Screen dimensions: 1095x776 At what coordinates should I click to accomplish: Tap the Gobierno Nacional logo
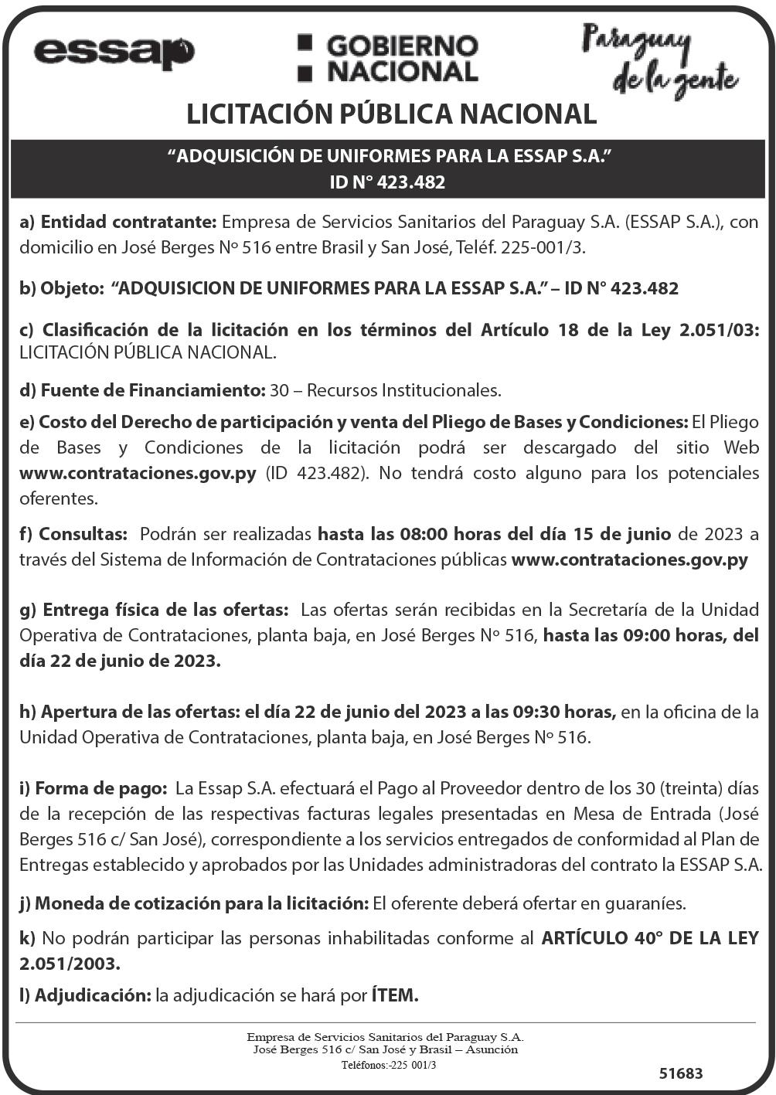tap(388, 58)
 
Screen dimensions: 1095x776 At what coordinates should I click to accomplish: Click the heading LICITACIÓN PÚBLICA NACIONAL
tap(391, 114)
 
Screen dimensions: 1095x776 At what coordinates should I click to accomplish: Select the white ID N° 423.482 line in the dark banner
tap(387, 182)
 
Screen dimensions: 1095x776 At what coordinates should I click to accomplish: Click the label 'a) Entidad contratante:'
tap(118, 222)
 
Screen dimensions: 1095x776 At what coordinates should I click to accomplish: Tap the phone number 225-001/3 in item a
tap(544, 247)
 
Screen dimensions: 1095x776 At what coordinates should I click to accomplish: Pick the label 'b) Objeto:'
tap(62, 289)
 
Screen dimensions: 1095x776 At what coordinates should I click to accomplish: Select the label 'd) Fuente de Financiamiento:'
tap(142, 390)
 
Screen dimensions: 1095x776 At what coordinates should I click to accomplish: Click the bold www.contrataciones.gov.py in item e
tap(138, 473)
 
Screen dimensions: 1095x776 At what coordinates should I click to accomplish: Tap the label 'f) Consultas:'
tap(73, 534)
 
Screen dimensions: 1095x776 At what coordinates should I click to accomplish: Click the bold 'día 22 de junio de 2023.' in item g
tap(121, 661)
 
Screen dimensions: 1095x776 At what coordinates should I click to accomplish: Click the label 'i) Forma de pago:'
tap(94, 789)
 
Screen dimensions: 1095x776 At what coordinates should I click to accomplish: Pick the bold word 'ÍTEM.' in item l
tap(395, 995)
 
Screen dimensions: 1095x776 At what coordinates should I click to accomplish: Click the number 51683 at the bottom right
tap(681, 1073)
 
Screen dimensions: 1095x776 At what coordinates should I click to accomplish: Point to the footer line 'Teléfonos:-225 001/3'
tap(389, 1065)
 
